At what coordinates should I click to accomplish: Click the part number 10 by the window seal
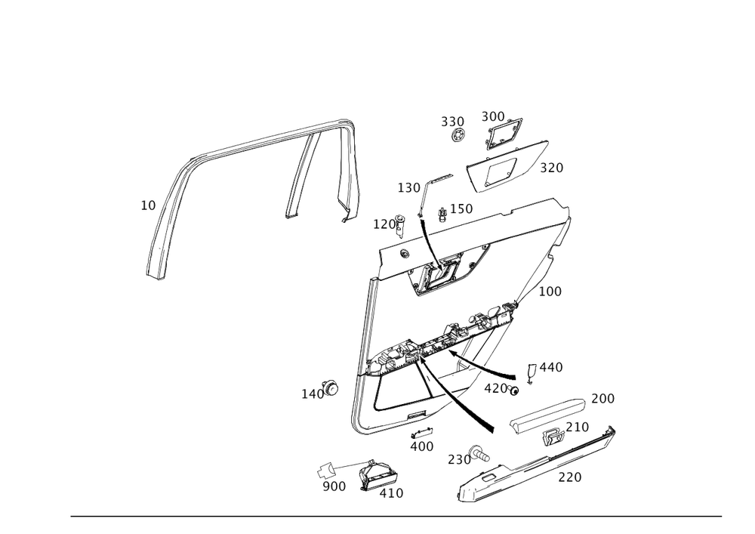(148, 205)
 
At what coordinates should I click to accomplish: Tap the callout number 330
(451, 121)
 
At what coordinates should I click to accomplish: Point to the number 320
(552, 168)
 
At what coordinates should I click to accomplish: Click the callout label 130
(408, 187)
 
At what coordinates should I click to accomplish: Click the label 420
(496, 387)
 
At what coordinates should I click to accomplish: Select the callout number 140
(312, 394)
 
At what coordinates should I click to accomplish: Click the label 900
(334, 486)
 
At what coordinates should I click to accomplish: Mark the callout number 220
(569, 477)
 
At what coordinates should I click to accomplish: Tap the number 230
(458, 458)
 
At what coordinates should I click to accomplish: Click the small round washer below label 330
(458, 136)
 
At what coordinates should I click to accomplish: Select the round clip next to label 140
(330, 387)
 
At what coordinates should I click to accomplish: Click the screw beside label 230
(480, 452)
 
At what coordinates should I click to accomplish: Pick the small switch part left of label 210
(552, 437)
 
